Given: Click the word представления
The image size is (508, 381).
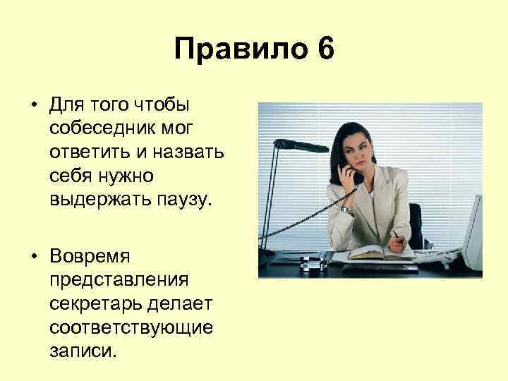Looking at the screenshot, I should (119, 279).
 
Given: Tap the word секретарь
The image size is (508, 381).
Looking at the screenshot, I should (97, 303).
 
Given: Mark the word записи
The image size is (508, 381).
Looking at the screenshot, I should (81, 350).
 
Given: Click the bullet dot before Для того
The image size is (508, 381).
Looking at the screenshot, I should (33, 105).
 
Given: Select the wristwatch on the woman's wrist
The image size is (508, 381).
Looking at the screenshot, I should (346, 210).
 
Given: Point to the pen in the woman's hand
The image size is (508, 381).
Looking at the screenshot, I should (398, 235).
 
